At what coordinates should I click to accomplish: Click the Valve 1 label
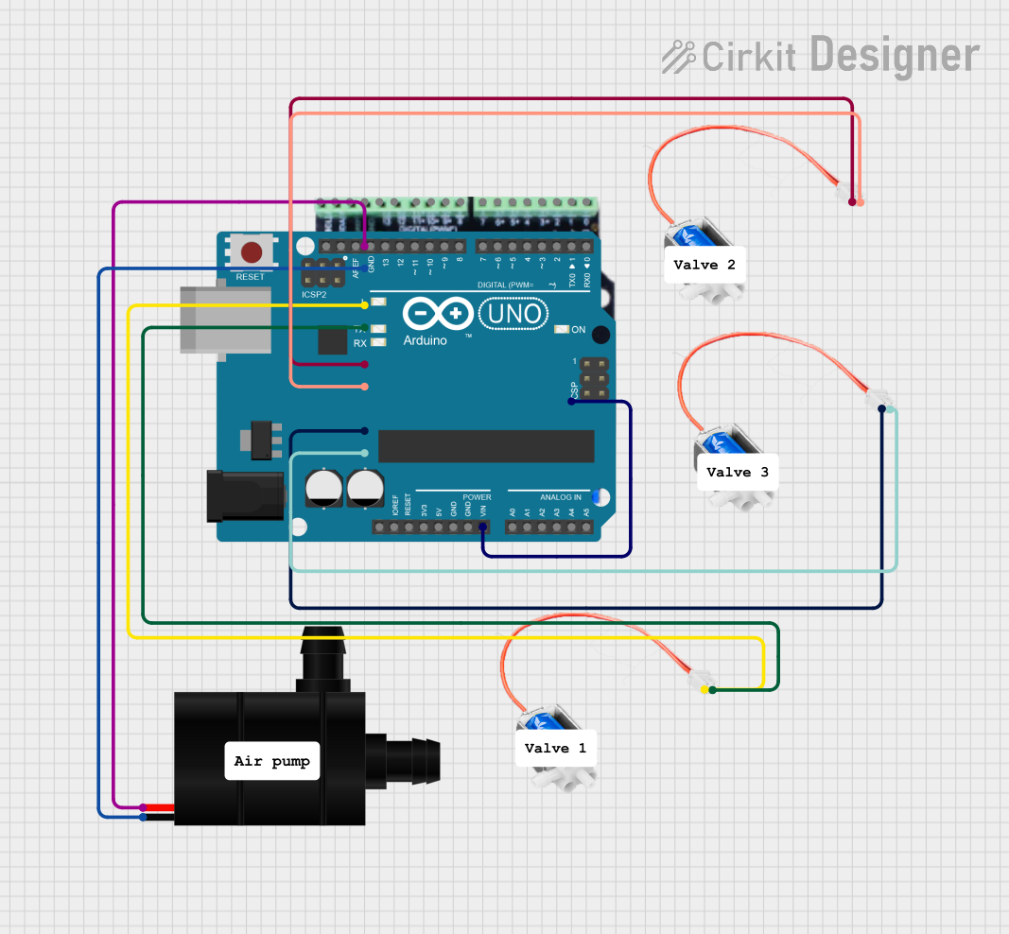pyautogui.click(x=556, y=748)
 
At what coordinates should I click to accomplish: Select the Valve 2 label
pyautogui.click(x=705, y=265)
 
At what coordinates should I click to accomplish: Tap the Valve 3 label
pyautogui.click(x=738, y=472)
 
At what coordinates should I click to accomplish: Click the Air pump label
pyautogui.click(x=272, y=761)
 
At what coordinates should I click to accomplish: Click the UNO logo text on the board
pyautogui.click(x=514, y=314)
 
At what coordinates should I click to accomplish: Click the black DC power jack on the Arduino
pyautogui.click(x=244, y=495)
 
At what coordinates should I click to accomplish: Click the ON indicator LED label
pyautogui.click(x=579, y=329)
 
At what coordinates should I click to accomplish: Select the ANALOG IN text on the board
pyautogui.click(x=561, y=497)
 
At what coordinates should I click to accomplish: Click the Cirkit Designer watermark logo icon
pyautogui.click(x=678, y=57)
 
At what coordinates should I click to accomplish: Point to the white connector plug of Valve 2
pyautogui.click(x=844, y=193)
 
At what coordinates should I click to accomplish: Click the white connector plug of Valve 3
pyautogui.click(x=877, y=399)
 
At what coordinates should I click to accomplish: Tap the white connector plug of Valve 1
pyautogui.click(x=701, y=680)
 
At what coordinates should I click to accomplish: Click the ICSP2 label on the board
pyautogui.click(x=314, y=295)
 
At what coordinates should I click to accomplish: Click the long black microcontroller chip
pyautogui.click(x=486, y=446)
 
